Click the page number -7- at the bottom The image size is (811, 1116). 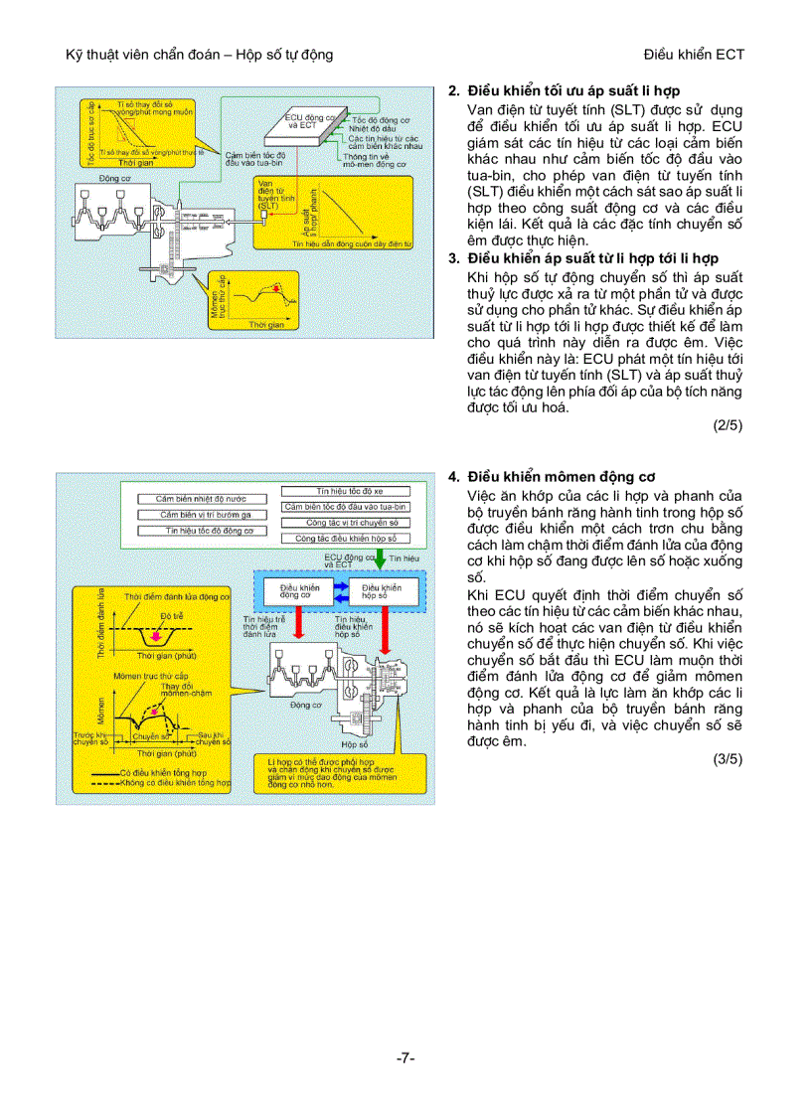pyautogui.click(x=405, y=1058)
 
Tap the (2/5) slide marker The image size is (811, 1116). pyautogui.click(x=728, y=425)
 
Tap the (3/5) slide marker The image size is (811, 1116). pyautogui.click(x=728, y=759)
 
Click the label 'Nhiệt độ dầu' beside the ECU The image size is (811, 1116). pyautogui.click(x=373, y=127)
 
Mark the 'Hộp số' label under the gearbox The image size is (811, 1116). pyautogui.click(x=354, y=741)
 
